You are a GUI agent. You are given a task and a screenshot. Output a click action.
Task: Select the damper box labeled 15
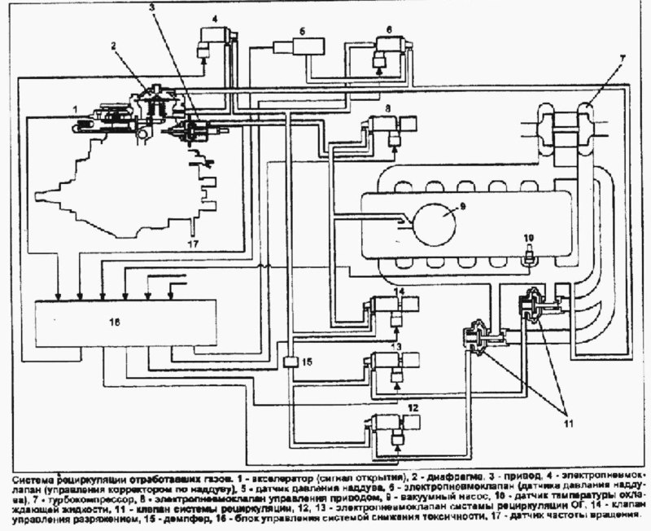pyautogui.click(x=290, y=361)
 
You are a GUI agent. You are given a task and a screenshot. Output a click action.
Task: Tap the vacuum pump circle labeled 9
pyautogui.click(x=437, y=220)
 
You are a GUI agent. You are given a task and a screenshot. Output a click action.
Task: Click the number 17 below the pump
pyautogui.click(x=193, y=243)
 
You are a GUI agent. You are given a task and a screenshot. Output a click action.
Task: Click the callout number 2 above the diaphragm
pyautogui.click(x=115, y=46)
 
